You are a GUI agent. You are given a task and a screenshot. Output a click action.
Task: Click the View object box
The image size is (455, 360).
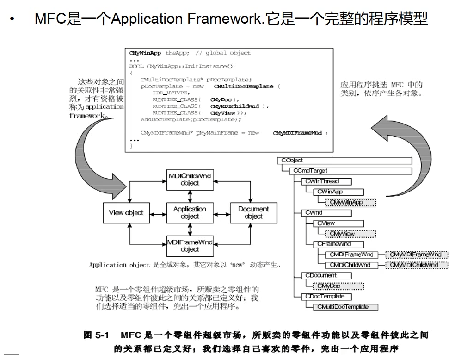point(126,213)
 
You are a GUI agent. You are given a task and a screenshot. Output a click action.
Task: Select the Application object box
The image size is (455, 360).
point(190,213)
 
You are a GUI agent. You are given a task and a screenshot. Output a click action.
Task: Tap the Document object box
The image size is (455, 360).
point(253,213)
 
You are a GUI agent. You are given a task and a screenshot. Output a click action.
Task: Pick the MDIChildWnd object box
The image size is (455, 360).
point(190,180)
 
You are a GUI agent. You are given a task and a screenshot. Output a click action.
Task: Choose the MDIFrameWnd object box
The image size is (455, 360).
point(190,246)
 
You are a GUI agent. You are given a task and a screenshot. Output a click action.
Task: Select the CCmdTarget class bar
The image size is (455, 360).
point(351,171)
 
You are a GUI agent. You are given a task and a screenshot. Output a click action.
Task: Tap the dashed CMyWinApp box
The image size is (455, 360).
point(350,202)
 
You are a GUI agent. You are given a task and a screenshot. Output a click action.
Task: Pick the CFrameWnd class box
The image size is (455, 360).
point(334,244)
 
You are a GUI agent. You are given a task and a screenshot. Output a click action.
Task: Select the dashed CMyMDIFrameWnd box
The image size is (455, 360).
point(416,254)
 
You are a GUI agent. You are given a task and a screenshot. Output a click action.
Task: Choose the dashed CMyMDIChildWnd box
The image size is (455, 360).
point(416,265)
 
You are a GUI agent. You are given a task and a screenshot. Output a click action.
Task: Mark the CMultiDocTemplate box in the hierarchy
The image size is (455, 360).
point(346,307)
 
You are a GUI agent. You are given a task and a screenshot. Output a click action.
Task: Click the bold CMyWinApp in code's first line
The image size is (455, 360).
point(145,53)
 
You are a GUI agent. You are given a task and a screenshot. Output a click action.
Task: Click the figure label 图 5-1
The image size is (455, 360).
point(96,335)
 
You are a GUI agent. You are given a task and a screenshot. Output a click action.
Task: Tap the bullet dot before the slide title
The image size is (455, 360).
point(12,19)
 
